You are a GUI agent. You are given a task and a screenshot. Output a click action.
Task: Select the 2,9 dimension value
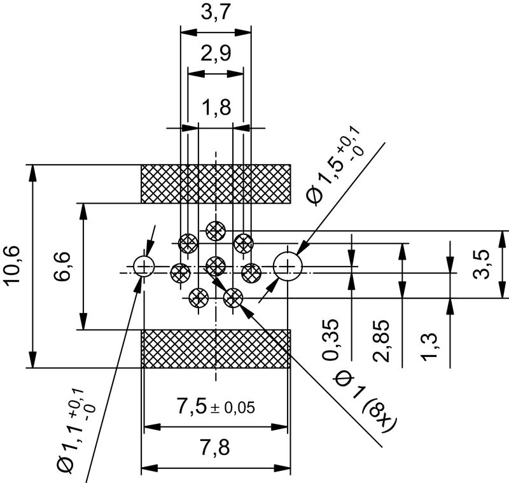pos(215,54)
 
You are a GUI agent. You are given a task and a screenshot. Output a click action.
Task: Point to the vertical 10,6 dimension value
pos(15,266)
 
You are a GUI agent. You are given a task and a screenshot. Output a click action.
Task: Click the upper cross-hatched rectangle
pos(216,184)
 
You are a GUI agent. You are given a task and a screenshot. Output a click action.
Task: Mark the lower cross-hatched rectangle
pos(216,349)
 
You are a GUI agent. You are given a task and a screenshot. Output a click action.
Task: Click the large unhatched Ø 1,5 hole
pos(288,265)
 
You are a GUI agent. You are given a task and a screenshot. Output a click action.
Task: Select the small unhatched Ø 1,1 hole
pos(144,266)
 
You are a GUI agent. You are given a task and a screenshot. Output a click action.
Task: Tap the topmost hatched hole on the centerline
pos(216,230)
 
